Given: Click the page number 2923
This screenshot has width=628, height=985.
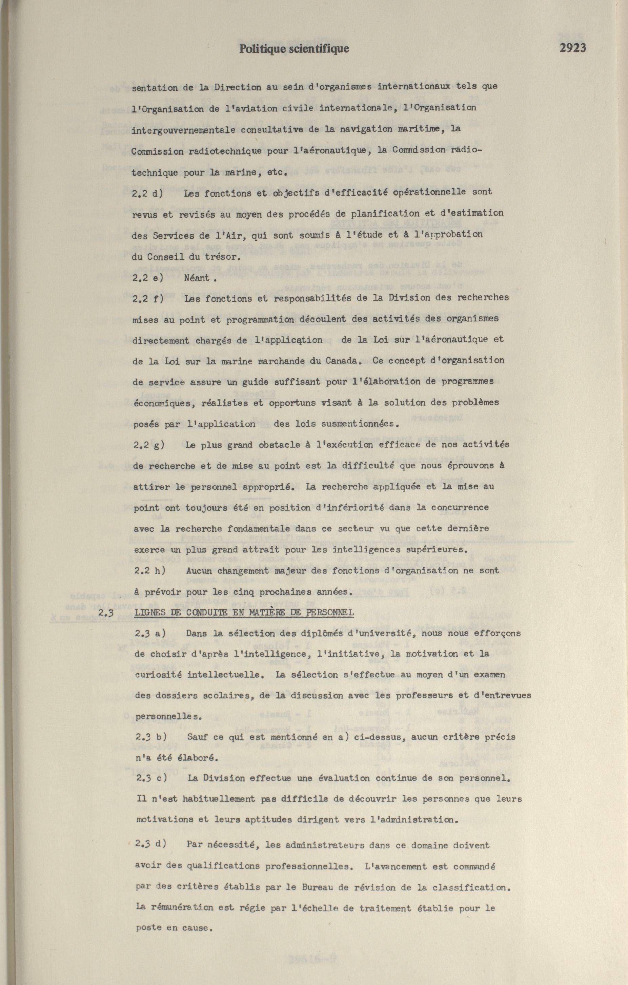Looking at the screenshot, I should [572, 48].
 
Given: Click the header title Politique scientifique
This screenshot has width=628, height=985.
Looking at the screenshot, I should [294, 49].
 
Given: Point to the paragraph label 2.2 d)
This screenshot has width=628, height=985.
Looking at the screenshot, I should [147, 193].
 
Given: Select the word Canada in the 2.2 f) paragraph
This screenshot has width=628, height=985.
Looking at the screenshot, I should [343, 361].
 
